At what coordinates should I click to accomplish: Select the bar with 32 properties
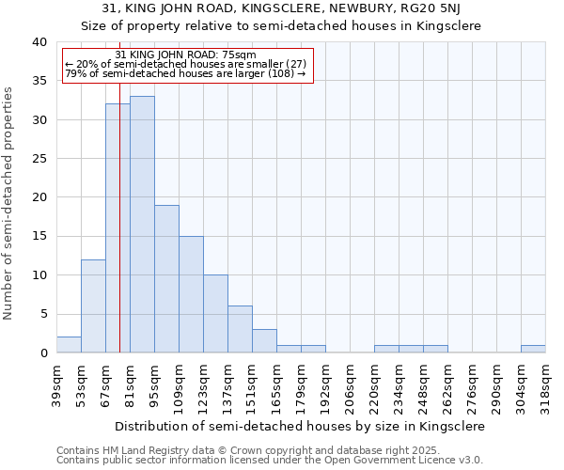[x=117, y=227]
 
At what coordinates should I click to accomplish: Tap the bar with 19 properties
[x=166, y=278]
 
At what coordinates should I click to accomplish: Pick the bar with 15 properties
[x=191, y=294]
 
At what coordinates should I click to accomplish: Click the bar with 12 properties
[x=93, y=305]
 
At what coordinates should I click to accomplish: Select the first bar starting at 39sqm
[x=69, y=345]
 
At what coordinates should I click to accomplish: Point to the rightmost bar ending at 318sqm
[x=533, y=349]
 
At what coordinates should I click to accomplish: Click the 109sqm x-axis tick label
[x=179, y=385]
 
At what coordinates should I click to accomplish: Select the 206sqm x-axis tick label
[x=350, y=385]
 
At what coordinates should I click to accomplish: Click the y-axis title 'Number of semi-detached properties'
[x=9, y=203]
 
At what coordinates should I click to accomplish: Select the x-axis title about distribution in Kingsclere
[x=301, y=426]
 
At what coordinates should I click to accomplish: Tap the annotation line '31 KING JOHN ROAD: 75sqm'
[x=185, y=55]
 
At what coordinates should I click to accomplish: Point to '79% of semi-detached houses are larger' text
[x=179, y=73]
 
